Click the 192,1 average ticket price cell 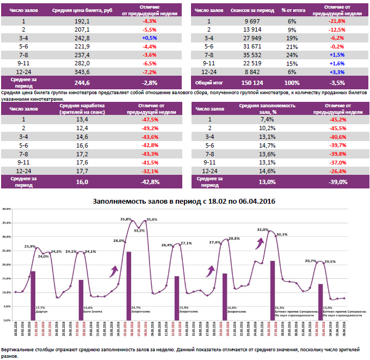click(82, 21)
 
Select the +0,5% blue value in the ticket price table click(149, 38)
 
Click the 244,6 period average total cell click(82, 83)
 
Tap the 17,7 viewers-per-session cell click(82, 170)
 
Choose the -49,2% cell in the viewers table click(149, 128)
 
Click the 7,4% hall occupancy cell click(267, 119)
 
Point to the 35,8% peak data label click(126, 219)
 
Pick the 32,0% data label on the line click(263, 230)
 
